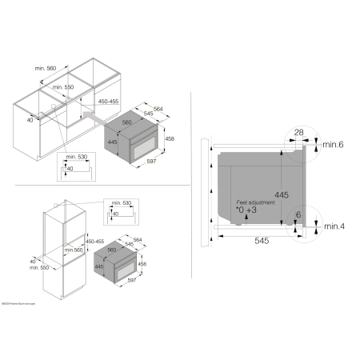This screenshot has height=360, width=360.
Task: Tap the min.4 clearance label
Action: [334, 227]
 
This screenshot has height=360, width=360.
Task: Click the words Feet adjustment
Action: [255, 204]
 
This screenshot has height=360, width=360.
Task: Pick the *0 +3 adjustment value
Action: [245, 212]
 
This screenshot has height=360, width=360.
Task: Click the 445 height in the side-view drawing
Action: [278, 194]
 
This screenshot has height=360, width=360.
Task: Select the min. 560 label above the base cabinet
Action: [47, 70]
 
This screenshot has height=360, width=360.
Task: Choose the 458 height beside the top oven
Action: [170, 138]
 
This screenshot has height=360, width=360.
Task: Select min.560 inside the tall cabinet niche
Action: [75, 250]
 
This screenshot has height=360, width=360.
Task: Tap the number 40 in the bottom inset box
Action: [116, 214]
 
